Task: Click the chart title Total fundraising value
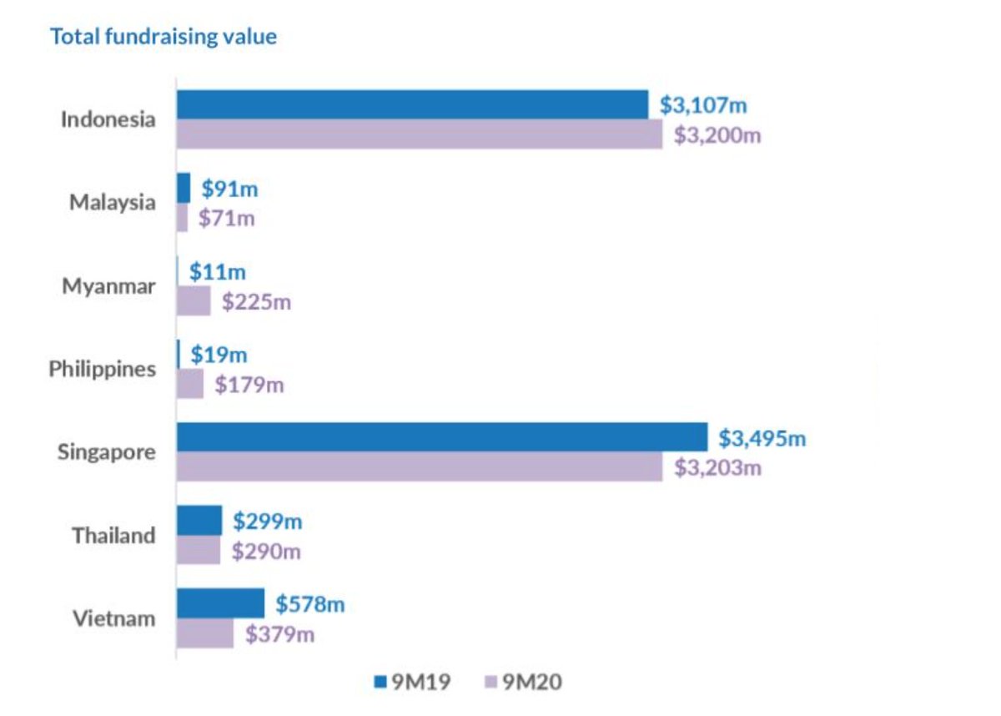tap(163, 37)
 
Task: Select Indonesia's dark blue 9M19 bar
tap(412, 104)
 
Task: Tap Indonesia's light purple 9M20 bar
tap(420, 134)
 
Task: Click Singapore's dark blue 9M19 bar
tap(442, 437)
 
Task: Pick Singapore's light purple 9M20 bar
tap(420, 466)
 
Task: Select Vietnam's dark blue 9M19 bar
tap(220, 603)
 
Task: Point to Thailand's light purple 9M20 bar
tap(199, 550)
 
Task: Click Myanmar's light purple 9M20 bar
tap(194, 300)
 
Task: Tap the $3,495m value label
tap(762, 438)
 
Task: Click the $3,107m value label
tap(703, 105)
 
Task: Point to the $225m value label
tap(256, 301)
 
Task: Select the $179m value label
tap(249, 385)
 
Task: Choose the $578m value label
tap(310, 604)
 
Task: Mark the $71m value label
tap(227, 219)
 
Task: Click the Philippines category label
tap(102, 369)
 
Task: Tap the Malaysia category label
tap(112, 202)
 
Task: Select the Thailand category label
tap(113, 535)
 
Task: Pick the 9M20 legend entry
tap(522, 683)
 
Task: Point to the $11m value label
tap(218, 272)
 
